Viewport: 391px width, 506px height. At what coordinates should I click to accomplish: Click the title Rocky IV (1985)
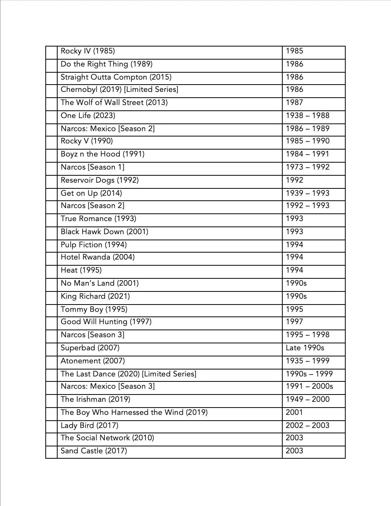(x=88, y=51)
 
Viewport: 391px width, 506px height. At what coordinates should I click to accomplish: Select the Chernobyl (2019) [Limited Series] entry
(x=119, y=90)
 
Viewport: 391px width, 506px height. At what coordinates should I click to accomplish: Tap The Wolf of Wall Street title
(x=114, y=103)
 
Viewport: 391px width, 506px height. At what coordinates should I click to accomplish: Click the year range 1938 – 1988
(x=307, y=116)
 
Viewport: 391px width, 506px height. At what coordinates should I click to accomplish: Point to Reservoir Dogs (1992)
(x=99, y=180)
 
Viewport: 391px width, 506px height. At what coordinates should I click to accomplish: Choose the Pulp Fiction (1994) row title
(x=93, y=245)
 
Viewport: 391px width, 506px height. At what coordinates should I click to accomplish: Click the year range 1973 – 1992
(x=307, y=167)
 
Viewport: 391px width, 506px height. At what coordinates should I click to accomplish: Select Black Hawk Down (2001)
(x=104, y=232)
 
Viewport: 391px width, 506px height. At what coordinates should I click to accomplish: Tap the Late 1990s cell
(x=305, y=348)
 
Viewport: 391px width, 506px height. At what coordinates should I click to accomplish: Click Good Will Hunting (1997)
(x=106, y=322)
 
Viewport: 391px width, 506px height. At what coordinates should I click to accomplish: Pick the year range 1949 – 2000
(x=307, y=399)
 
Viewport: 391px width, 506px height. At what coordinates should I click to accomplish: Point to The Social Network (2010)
(x=107, y=438)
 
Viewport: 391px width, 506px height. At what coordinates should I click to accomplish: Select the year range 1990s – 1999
(x=309, y=374)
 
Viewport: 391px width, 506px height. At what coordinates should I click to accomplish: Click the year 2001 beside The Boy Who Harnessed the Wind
(x=294, y=413)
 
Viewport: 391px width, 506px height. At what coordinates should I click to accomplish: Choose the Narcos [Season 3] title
(x=92, y=335)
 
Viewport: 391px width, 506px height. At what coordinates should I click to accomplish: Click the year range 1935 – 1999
(x=307, y=361)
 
